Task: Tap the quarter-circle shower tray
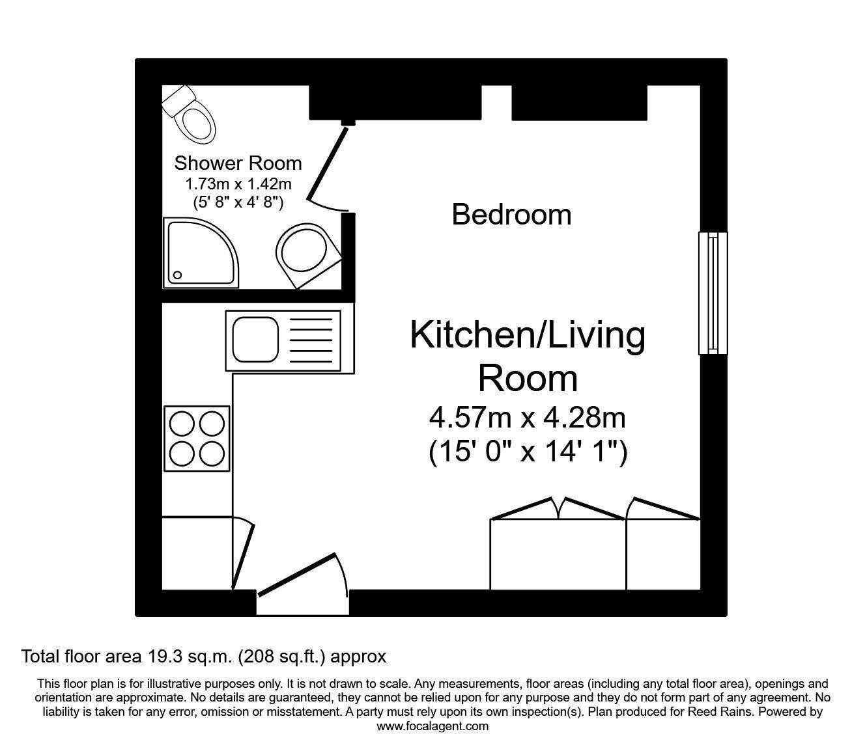click(198, 252)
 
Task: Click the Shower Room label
click(238, 163)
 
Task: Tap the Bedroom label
click(511, 215)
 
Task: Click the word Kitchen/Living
click(528, 336)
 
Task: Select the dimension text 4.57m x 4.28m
click(528, 418)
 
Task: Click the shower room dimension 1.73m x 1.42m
click(238, 184)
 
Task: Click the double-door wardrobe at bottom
click(558, 553)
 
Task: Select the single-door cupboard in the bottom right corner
click(663, 553)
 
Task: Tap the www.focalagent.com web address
click(432, 726)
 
